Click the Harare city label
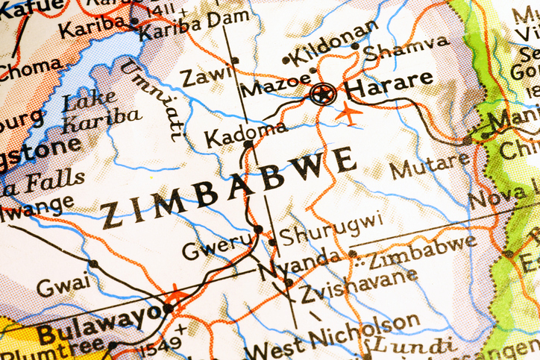tap(390, 79)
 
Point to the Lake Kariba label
tap(100, 107)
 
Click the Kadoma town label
tap(245, 134)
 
